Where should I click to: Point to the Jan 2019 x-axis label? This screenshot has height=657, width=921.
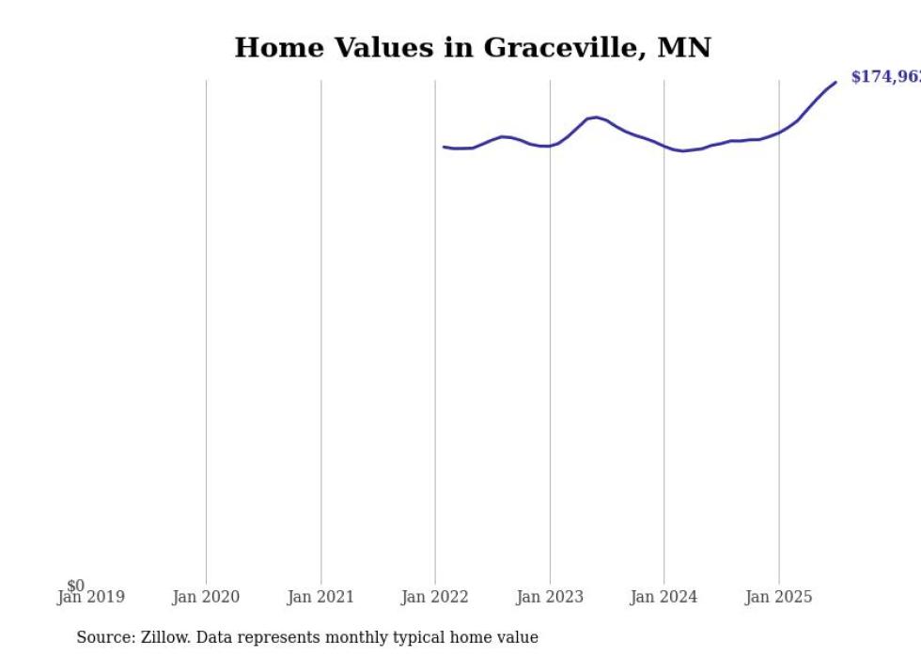click(90, 597)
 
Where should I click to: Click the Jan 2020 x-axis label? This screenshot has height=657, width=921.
click(206, 597)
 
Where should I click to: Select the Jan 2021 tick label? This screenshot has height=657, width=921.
click(320, 597)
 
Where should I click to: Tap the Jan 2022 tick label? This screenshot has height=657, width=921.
click(435, 597)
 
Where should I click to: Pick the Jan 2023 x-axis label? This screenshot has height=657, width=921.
click(550, 597)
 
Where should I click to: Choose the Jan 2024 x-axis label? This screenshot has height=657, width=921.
click(664, 597)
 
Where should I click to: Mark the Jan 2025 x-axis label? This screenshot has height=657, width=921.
click(778, 597)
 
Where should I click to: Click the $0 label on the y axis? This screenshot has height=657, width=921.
click(76, 586)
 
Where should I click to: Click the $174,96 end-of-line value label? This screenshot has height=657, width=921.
click(884, 77)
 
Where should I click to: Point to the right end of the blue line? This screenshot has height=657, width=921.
click(835, 83)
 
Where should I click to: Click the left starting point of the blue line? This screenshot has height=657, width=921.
click(444, 147)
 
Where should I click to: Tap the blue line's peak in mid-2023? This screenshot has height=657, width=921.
click(596, 117)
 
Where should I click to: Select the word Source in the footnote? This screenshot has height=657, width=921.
click(104, 637)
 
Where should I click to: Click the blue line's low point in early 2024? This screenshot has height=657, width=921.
click(683, 150)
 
